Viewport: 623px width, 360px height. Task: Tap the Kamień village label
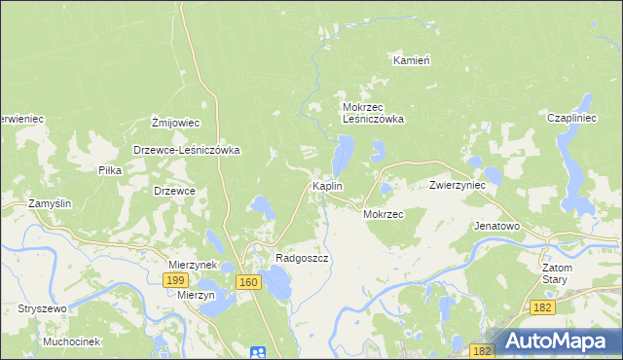pyautogui.click(x=412, y=59)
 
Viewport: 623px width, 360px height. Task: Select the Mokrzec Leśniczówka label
pyautogui.click(x=373, y=113)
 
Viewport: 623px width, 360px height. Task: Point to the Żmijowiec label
pyautogui.click(x=176, y=123)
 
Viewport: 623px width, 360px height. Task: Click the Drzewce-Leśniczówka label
pyautogui.click(x=187, y=151)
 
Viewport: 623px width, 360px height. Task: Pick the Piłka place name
pyautogui.click(x=109, y=169)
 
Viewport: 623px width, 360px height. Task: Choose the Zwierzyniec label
pyautogui.click(x=458, y=185)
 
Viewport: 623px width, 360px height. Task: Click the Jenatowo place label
pyautogui.click(x=496, y=226)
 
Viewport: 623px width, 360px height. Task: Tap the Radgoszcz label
pyautogui.click(x=302, y=258)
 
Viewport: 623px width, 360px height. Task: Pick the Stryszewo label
pyautogui.click(x=41, y=308)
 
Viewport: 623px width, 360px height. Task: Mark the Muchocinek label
pyautogui.click(x=72, y=342)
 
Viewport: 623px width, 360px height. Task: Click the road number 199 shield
pyautogui.click(x=174, y=280)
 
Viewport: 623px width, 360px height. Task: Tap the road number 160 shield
pyautogui.click(x=248, y=282)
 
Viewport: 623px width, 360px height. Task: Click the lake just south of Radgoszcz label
pyautogui.click(x=278, y=285)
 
